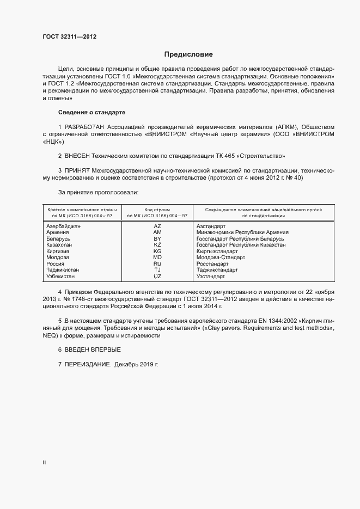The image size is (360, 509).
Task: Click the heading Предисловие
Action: click(188, 54)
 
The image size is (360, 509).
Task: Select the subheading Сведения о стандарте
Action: click(91, 112)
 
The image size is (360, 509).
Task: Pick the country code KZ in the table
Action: click(157, 245)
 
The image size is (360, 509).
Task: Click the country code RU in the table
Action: click(157, 263)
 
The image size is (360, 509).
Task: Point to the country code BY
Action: click(157, 238)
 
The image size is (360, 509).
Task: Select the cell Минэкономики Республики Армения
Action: click(242, 232)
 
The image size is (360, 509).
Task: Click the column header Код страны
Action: click(157, 209)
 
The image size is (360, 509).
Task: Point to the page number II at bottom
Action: click(44, 463)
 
